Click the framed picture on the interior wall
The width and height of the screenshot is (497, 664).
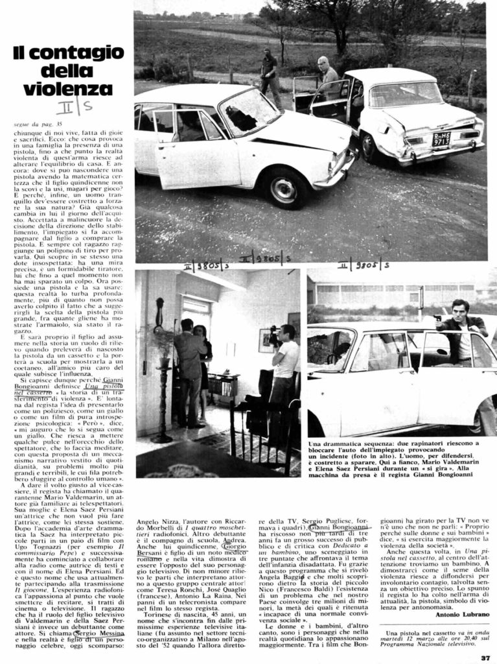(266, 340)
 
